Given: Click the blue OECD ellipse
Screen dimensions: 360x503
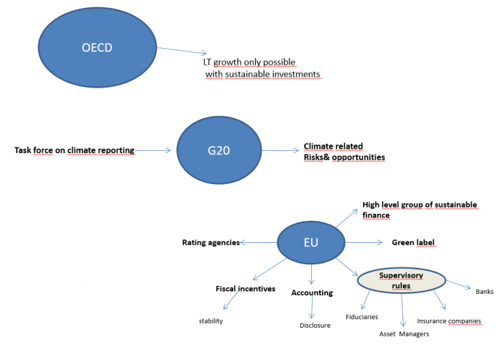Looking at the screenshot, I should coord(97,48).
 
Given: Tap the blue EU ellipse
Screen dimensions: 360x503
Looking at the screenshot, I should coord(310,243).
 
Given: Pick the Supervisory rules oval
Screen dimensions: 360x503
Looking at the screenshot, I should coord(401,280).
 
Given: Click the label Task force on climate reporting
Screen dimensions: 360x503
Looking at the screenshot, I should coord(75,150).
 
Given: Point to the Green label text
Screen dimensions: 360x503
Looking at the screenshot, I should coord(413,243).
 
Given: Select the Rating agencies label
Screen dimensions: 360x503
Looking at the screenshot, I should coord(211,243).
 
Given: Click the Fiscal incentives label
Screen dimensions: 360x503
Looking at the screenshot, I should coord(245,289).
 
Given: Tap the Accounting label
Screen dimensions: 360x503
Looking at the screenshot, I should coord(312,292).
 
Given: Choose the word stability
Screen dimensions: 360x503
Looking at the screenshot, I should coord(211,320).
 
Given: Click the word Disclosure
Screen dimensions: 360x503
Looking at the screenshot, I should coord(315,326).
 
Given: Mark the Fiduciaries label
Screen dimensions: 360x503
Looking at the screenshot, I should coord(361,316).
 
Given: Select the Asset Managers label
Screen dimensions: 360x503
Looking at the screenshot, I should coord(404,334).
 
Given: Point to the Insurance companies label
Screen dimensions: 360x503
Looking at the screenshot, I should coord(449,320).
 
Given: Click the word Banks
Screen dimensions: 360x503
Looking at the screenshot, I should coord(484,291).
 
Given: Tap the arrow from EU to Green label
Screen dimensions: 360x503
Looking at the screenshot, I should coord(364,243).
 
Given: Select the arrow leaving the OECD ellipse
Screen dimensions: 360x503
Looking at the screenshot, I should coord(182,50).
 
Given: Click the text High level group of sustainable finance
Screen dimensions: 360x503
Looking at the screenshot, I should coord(419,210).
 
